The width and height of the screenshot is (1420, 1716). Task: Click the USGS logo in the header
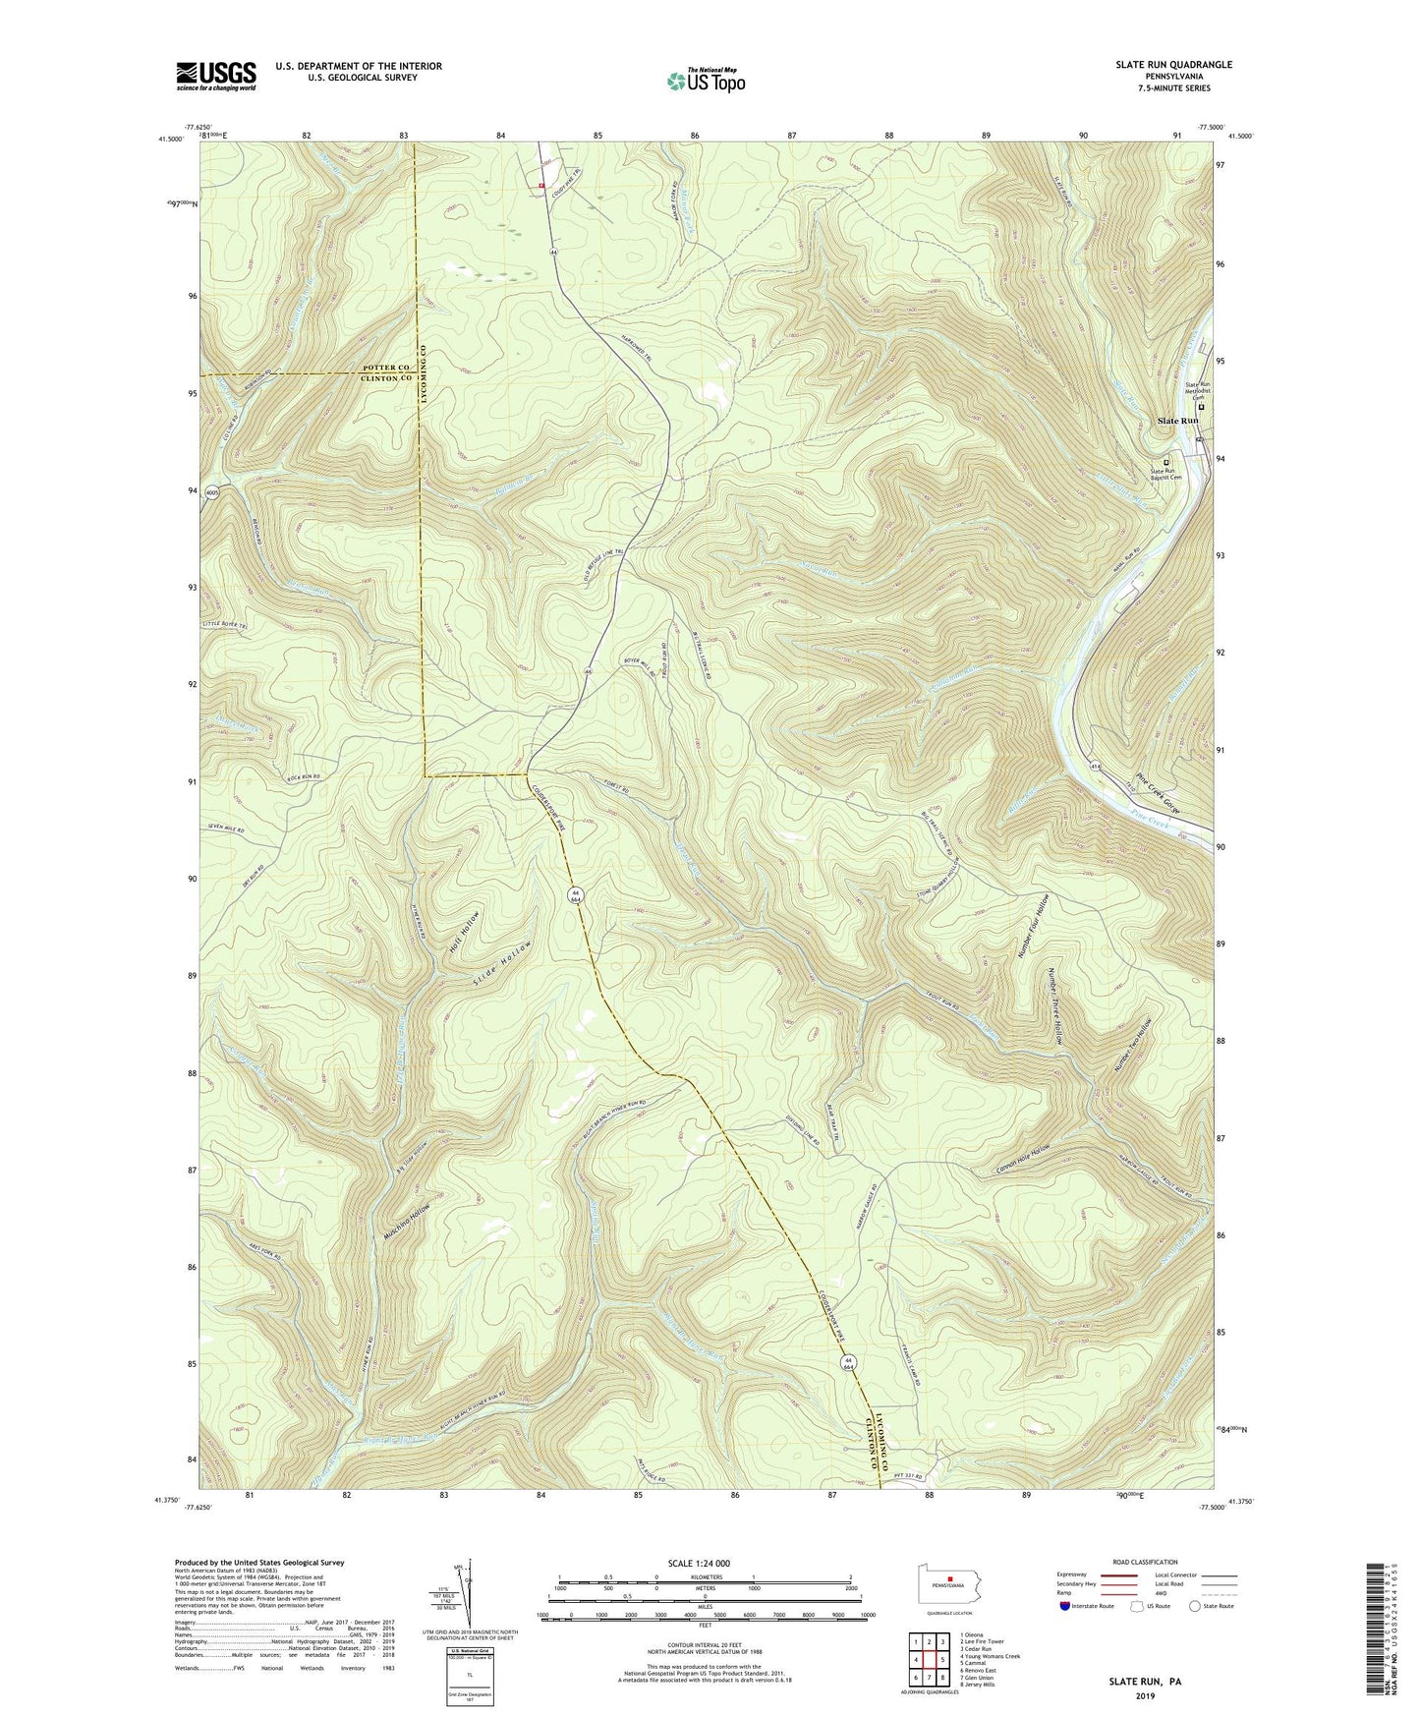[216, 76]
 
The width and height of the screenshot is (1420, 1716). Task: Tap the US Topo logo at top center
[705, 81]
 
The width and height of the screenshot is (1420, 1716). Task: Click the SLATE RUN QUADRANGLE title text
[1173, 65]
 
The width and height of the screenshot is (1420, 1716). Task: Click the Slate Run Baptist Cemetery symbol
[1167, 462]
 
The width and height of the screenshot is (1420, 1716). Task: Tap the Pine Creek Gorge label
[1157, 795]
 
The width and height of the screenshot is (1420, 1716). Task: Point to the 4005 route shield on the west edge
[211, 495]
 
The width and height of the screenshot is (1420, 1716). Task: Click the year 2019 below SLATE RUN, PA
[1143, 1695]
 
